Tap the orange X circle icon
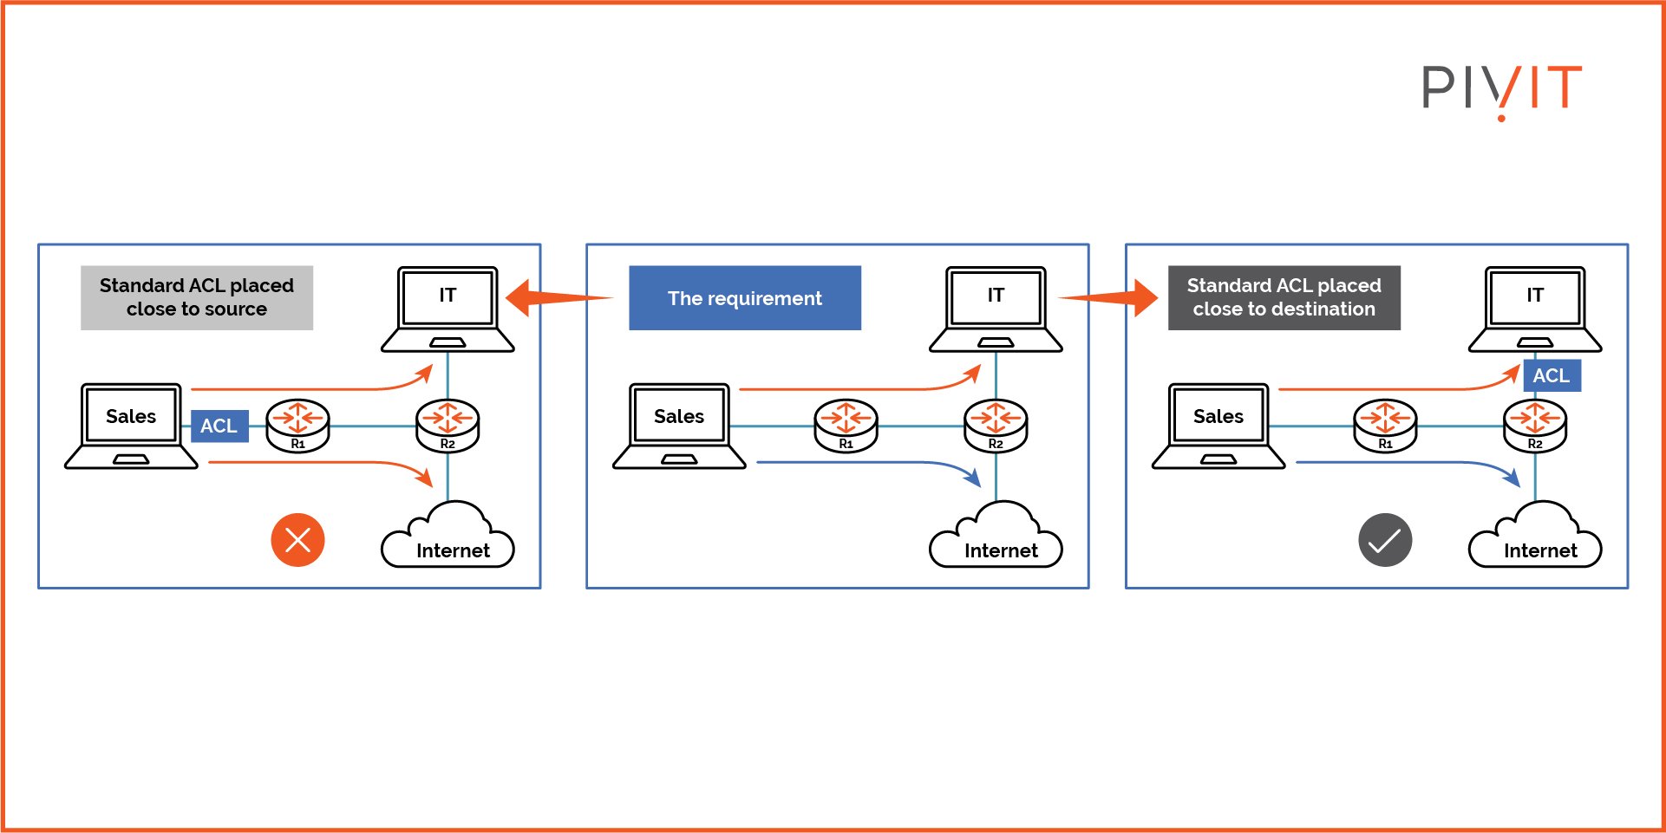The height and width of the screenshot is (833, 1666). click(x=297, y=540)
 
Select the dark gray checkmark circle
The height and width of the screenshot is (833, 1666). click(x=1385, y=540)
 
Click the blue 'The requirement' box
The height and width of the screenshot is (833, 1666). click(x=745, y=298)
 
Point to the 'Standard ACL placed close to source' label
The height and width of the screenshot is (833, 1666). click(x=197, y=298)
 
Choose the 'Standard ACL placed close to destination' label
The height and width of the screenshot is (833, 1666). click(x=1284, y=298)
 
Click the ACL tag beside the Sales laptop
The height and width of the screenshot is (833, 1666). click(x=219, y=426)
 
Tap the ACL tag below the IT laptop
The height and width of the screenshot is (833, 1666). click(x=1552, y=375)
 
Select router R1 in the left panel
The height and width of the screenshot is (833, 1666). click(x=297, y=426)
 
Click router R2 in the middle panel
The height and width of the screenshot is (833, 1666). click(x=996, y=426)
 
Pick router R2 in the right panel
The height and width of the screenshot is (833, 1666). click(x=1535, y=426)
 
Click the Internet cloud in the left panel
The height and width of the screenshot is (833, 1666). click(x=448, y=536)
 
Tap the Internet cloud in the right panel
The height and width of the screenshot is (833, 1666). click(x=1535, y=536)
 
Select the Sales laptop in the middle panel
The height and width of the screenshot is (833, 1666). click(x=679, y=426)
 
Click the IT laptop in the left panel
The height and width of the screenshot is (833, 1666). click(x=448, y=309)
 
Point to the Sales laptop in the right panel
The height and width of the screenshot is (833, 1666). click(x=1218, y=426)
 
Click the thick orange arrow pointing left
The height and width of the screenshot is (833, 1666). click(x=559, y=298)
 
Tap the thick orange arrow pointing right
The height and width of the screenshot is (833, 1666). click(x=1108, y=298)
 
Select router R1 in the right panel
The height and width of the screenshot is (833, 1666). click(x=1385, y=426)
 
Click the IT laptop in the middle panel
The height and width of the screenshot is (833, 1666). click(x=996, y=309)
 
